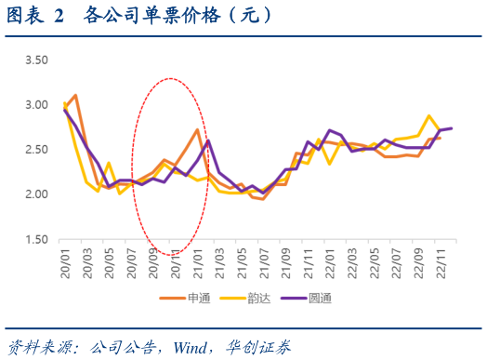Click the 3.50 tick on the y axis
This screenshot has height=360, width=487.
[35, 60]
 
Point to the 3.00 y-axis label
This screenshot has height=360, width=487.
[35, 105]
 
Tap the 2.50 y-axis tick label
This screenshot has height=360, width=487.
[35, 150]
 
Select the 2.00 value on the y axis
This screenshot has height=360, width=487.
[35, 194]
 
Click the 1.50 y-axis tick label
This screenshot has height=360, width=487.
[35, 239]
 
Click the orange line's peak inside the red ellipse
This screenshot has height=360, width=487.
[197, 130]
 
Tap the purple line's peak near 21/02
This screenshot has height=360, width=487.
[208, 140]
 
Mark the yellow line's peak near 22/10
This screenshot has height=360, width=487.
[428, 116]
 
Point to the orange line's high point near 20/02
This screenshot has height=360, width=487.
[75, 95]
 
